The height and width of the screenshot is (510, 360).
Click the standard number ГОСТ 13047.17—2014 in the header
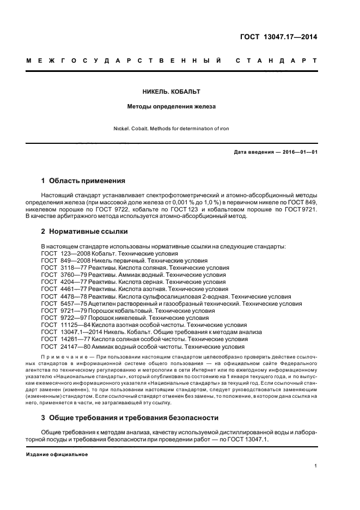(278, 38)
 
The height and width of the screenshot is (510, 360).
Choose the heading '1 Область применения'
(83, 180)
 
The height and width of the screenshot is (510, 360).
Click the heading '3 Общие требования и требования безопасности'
(130, 418)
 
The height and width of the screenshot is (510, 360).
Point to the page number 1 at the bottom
(316, 466)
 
